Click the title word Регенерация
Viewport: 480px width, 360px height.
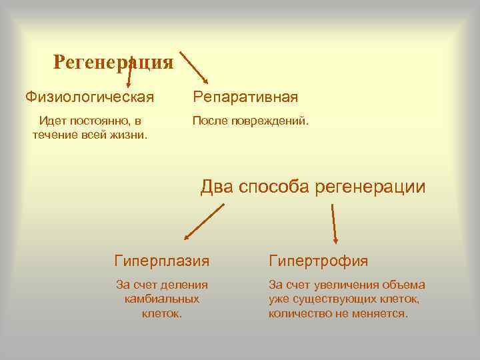pyautogui.click(x=113, y=62)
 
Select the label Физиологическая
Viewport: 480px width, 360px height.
pyautogui.click(x=90, y=97)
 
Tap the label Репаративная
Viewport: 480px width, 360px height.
pyautogui.click(x=245, y=98)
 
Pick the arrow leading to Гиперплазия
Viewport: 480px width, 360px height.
pyautogui.click(x=204, y=221)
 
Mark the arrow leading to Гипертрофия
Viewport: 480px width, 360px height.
pyautogui.click(x=333, y=223)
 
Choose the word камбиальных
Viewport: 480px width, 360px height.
pyautogui.click(x=162, y=299)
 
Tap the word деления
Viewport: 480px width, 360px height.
pyautogui.click(x=185, y=285)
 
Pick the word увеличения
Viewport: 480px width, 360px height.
pyautogui.click(x=339, y=285)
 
